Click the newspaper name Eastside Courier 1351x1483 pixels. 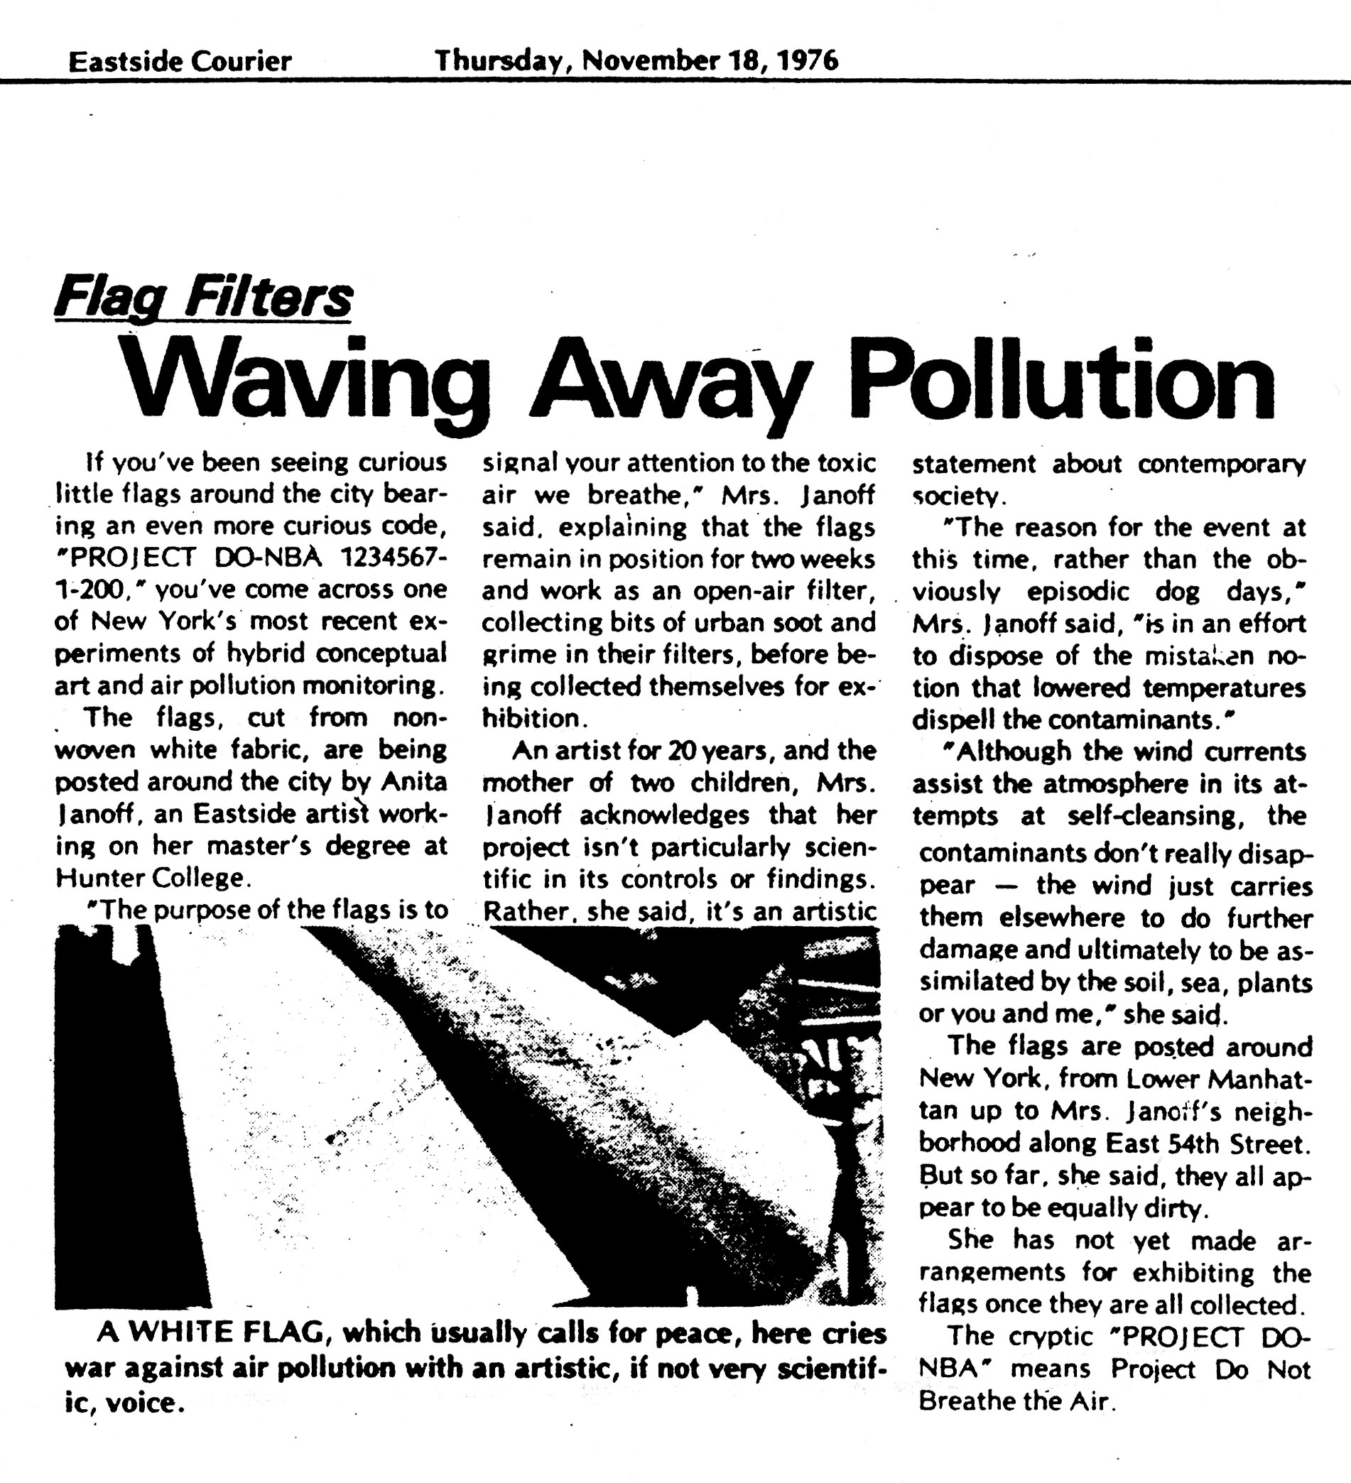pos(180,61)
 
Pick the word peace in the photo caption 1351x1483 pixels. pos(714,1333)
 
